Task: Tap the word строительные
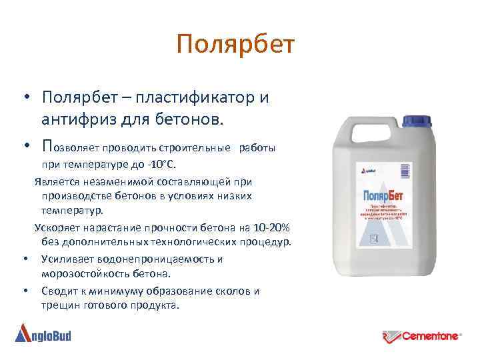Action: click(x=197, y=147)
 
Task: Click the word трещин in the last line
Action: click(x=61, y=305)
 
